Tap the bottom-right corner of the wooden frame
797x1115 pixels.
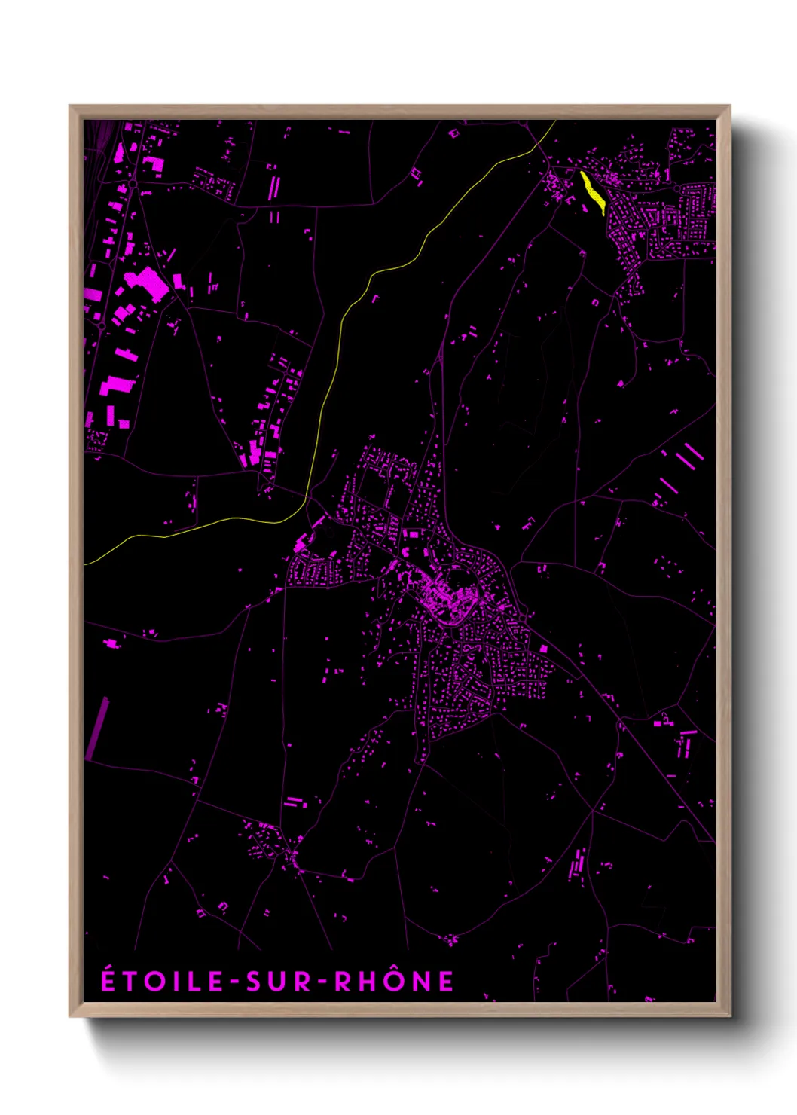[x=729, y=1015]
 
